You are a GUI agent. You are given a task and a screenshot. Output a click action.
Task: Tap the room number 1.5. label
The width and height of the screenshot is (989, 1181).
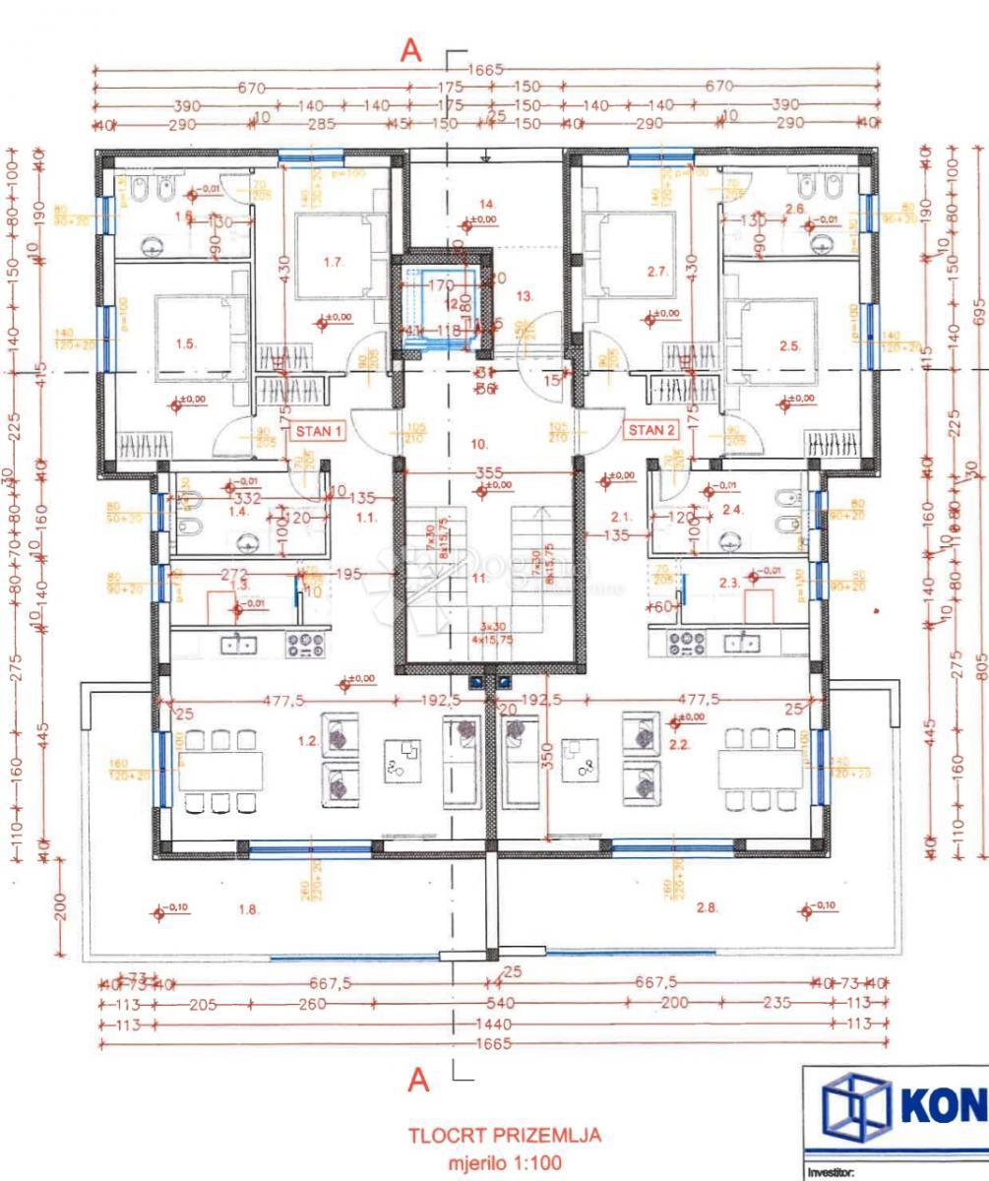186,343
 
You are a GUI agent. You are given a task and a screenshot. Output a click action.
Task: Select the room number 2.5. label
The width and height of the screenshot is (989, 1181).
789,345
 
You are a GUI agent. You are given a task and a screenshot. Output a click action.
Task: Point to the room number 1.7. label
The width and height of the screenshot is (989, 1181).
333,262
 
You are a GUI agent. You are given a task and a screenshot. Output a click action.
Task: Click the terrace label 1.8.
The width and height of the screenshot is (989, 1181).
248,910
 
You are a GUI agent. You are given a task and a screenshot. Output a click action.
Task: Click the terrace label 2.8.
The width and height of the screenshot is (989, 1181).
707,907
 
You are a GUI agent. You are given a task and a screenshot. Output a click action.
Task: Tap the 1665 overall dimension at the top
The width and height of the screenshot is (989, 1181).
486,70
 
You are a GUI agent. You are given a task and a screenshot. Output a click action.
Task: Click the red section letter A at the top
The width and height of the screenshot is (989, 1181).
411,52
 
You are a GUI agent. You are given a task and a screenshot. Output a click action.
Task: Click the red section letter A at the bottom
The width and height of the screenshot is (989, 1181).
418,1081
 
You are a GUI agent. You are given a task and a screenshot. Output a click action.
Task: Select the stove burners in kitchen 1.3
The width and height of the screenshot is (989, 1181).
306,644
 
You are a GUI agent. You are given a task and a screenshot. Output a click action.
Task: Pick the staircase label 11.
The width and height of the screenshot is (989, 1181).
479,579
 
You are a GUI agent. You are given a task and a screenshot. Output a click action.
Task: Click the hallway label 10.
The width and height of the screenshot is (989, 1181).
479,443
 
